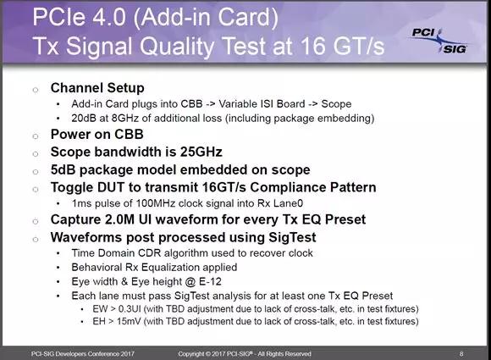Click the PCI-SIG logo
pos(439,41)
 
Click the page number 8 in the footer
pos(461,354)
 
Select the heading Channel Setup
pos(97,88)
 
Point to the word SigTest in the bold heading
pos(292,237)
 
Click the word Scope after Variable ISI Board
pos(336,104)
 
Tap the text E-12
pos(210,282)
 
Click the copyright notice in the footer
pos(245,354)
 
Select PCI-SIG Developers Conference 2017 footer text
pos(83,354)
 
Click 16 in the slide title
pos(313,46)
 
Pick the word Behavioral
pos(97,268)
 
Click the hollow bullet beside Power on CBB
pos(36,136)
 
